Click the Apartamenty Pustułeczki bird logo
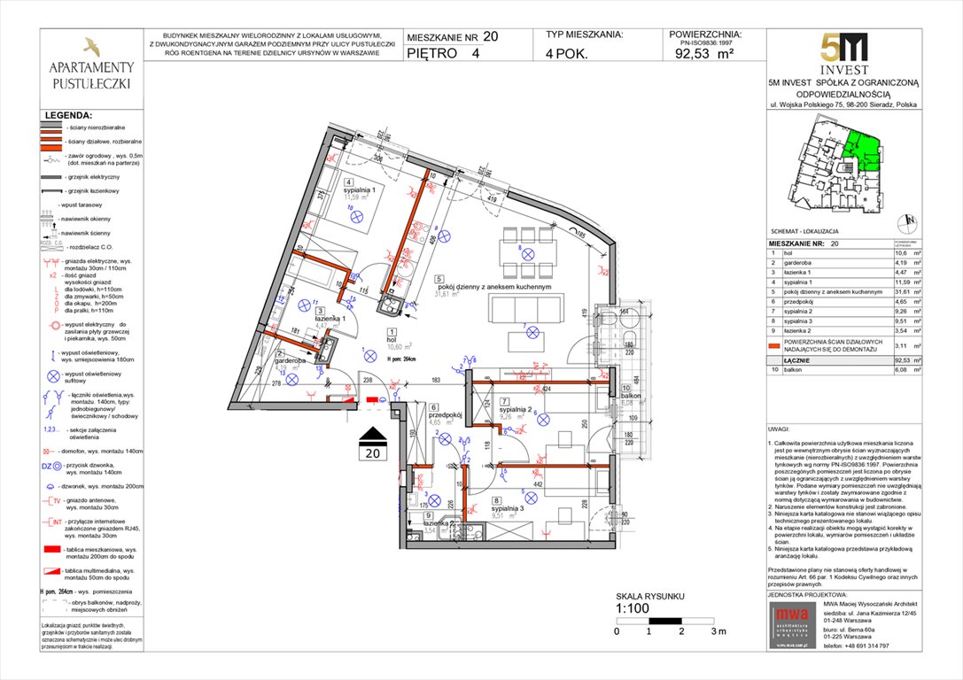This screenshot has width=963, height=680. click(x=91, y=46)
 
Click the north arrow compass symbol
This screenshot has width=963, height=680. click(x=905, y=222)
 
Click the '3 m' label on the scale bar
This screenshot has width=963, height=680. click(x=718, y=631)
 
